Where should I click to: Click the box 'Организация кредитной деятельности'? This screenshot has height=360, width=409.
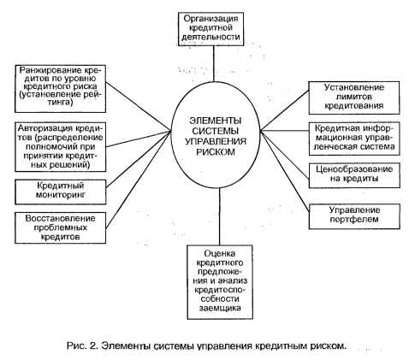pyautogui.click(x=210, y=29)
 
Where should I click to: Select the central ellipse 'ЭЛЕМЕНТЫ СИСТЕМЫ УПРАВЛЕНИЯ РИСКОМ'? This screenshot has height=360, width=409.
pyautogui.click(x=216, y=135)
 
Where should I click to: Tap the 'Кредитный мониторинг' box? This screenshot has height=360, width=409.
pyautogui.click(x=61, y=192)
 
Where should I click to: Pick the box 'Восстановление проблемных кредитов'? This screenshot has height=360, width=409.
pyautogui.click(x=61, y=227)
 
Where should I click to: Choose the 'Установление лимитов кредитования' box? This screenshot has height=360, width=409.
pyautogui.click(x=354, y=97)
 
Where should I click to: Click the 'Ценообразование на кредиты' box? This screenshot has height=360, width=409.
pyautogui.click(x=354, y=175)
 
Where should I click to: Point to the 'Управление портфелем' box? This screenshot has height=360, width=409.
pyautogui.click(x=354, y=216)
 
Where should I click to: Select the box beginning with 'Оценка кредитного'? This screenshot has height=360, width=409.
pyautogui.click(x=220, y=282)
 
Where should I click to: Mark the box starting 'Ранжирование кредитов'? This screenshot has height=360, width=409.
pyautogui.click(x=61, y=89)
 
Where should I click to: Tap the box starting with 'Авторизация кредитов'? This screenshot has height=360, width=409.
pyautogui.click(x=61, y=146)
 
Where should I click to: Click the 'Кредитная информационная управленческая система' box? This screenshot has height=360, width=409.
pyautogui.click(x=354, y=139)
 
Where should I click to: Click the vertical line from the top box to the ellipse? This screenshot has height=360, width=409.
pyautogui.click(x=214, y=64)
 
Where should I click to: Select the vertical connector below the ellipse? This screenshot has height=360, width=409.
pyautogui.click(x=220, y=216)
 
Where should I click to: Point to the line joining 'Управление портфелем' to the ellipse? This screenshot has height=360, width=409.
pyautogui.click(x=285, y=171)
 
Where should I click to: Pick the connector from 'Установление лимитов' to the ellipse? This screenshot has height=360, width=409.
pyautogui.click(x=285, y=110)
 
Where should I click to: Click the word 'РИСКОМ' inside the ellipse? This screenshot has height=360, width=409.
pyautogui.click(x=216, y=151)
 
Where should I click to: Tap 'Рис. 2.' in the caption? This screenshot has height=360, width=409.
pyautogui.click(x=83, y=345)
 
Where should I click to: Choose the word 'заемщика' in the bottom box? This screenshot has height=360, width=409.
pyautogui.click(x=220, y=308)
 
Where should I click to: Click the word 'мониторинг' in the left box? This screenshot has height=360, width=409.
pyautogui.click(x=61, y=195)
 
